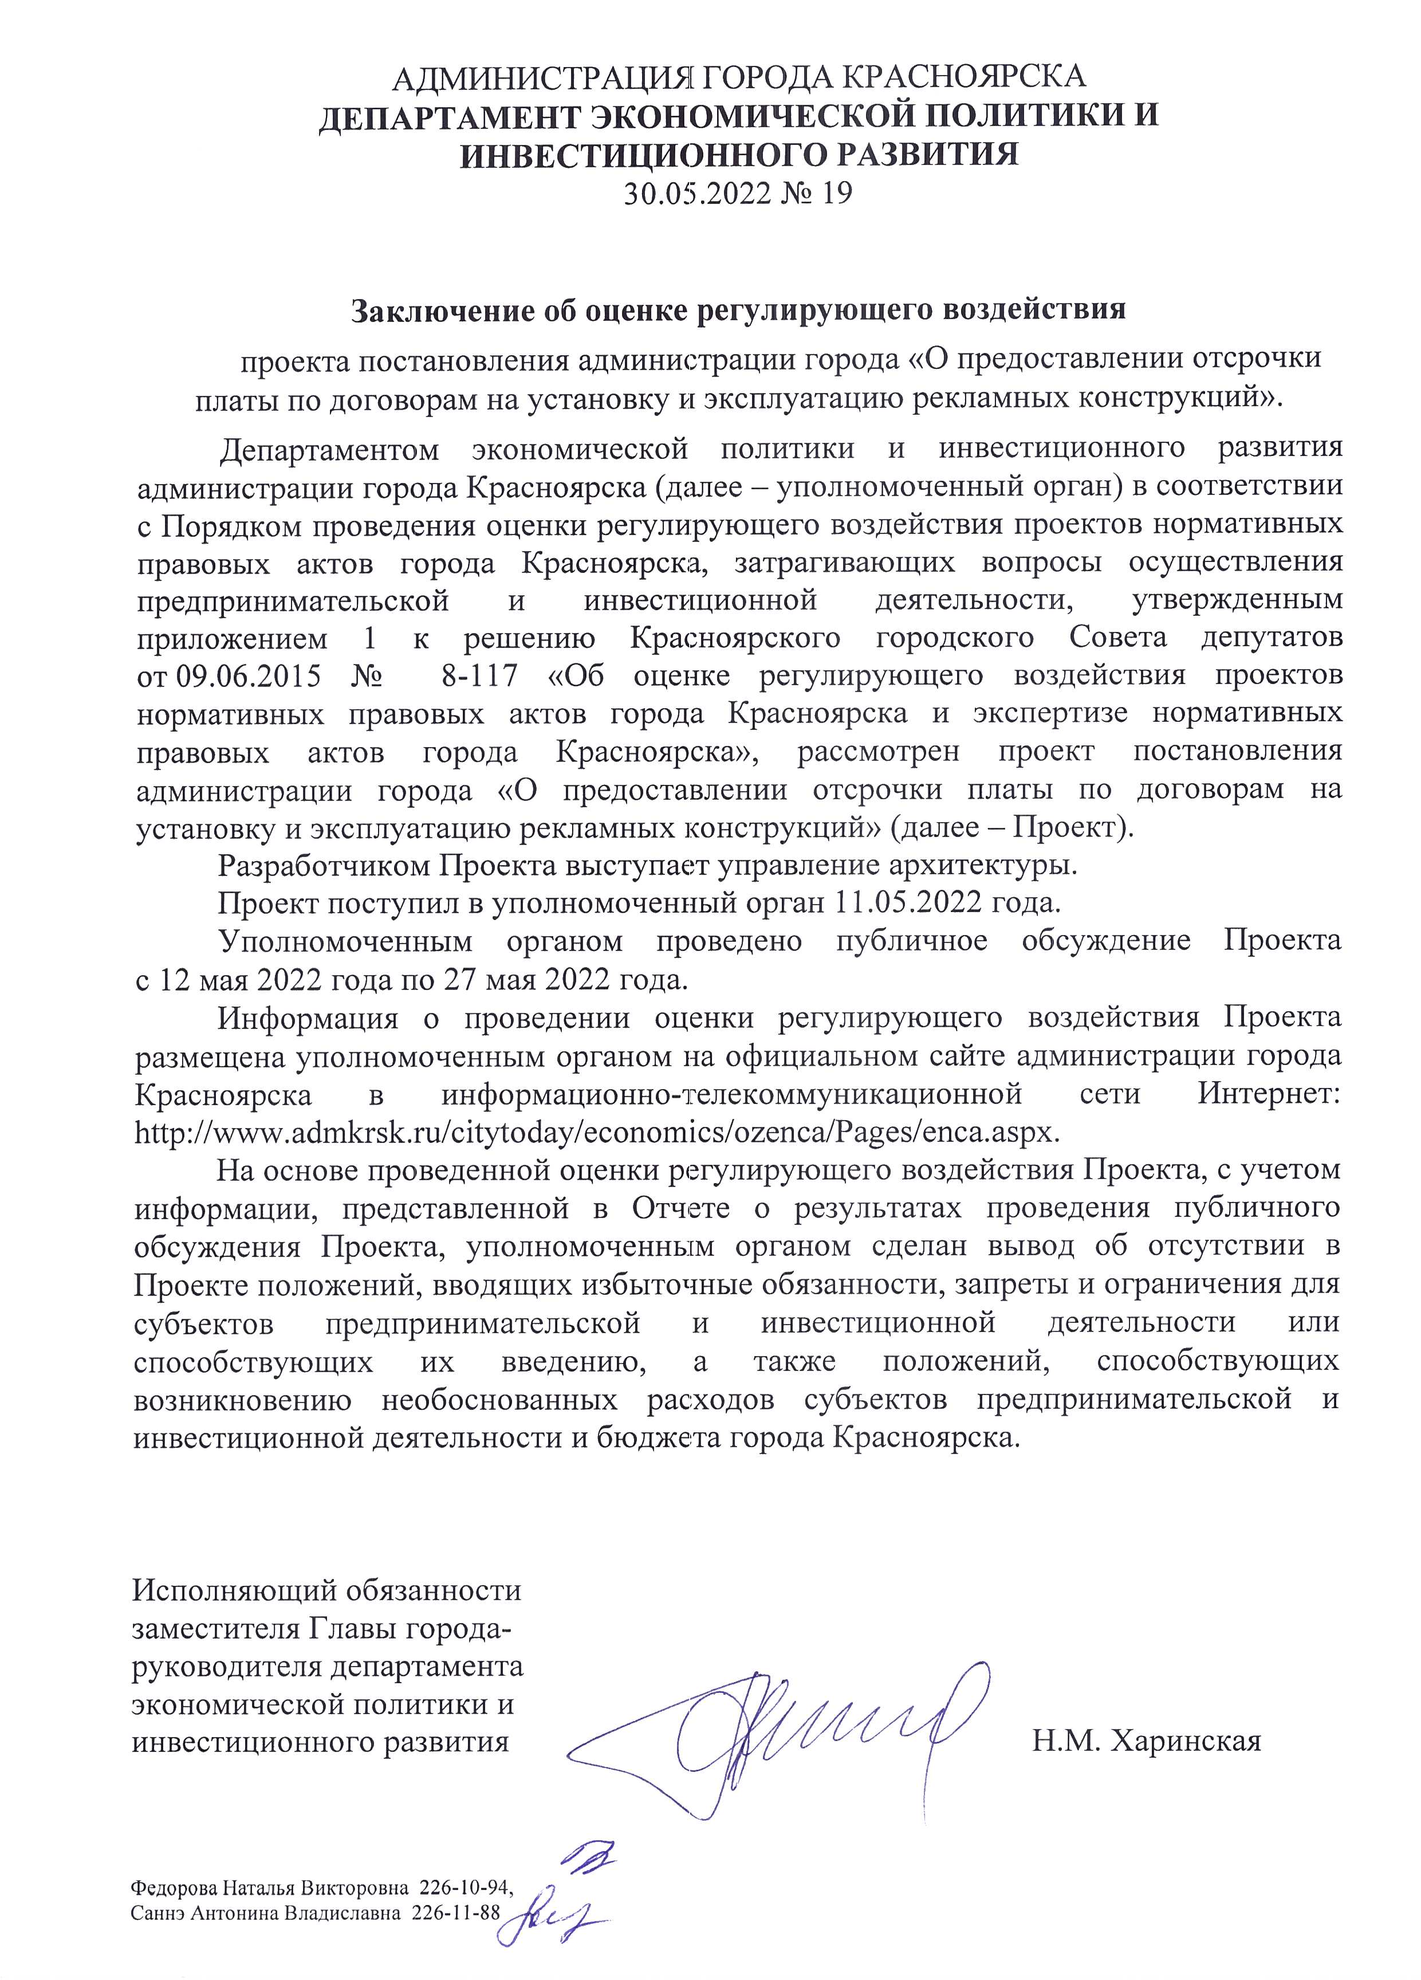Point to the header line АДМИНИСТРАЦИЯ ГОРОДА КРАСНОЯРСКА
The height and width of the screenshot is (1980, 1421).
[738, 78]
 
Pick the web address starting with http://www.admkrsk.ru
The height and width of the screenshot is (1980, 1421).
[597, 1132]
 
